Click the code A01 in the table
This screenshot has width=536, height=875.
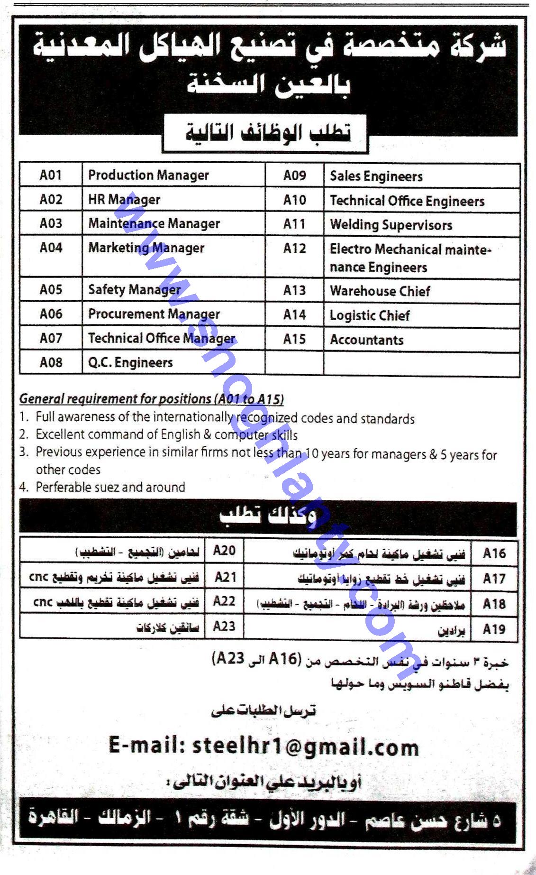51,175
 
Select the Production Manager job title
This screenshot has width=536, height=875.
148,175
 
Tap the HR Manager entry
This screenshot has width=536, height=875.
124,200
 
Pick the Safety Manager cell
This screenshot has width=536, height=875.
134,289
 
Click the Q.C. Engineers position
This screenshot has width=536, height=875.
130,362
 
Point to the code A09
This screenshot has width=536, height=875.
294,176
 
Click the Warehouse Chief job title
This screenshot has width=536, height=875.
380,291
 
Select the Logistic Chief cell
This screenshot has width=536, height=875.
370,315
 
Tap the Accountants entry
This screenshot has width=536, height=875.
366,340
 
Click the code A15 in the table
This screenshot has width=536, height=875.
294,339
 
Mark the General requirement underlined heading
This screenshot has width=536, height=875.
152,399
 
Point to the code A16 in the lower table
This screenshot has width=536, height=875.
494,553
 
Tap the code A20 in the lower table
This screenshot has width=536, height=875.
224,550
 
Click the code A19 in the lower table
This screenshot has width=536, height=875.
494,629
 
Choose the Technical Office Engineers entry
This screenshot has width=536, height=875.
407,201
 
